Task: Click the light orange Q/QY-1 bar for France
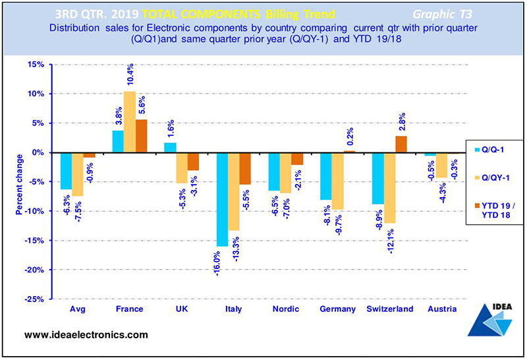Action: pos(130,122)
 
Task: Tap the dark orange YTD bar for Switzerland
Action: pos(401,144)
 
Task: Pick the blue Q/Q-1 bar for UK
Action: pos(171,148)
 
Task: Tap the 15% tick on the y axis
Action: pos(34,65)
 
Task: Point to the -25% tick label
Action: pos(33,299)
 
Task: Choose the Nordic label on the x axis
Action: pos(286,309)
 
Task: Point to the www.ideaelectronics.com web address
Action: pos(86,335)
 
